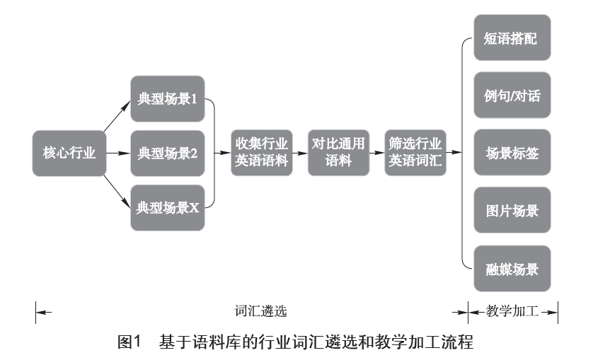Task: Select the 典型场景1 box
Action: click(x=168, y=98)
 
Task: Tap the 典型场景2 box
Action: click(x=168, y=152)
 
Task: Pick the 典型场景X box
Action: click(x=168, y=207)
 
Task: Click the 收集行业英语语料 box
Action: click(x=262, y=151)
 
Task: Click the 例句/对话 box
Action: click(x=512, y=95)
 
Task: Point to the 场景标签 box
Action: click(x=512, y=153)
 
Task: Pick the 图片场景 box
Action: click(x=512, y=211)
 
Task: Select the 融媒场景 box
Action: click(x=512, y=269)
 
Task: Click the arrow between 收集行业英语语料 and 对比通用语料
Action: click(x=300, y=152)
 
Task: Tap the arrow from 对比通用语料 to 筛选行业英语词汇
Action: click(x=377, y=152)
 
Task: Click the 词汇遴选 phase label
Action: click(x=261, y=310)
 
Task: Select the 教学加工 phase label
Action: click(x=513, y=310)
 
